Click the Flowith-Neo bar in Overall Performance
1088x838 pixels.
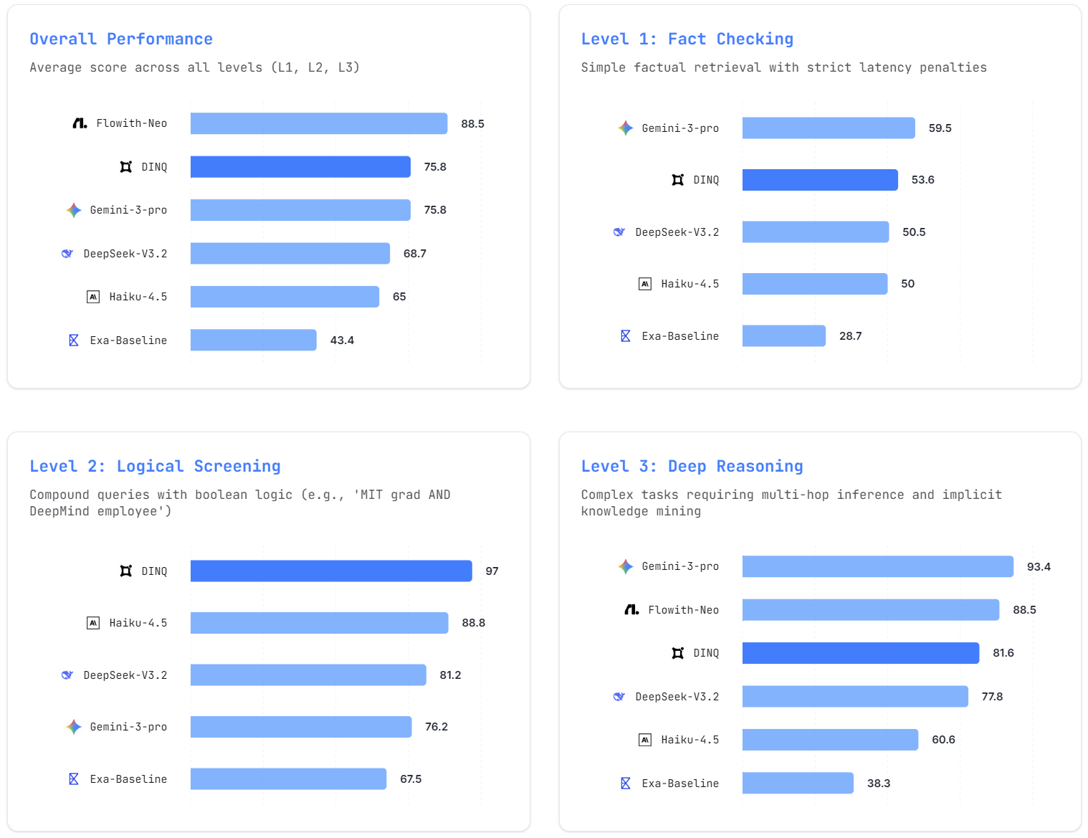pos(319,123)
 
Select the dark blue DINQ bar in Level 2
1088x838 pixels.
pos(331,571)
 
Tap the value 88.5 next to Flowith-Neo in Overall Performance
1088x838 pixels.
pos(472,124)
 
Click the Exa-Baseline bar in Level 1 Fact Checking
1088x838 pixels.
pos(783,335)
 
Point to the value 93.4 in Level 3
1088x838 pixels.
pos(1038,566)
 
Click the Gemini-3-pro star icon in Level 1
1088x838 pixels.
pos(626,128)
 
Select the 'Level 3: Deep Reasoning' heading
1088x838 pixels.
pos(692,466)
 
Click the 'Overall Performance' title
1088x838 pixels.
pos(121,39)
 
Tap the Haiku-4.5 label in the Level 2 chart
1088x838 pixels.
pos(138,623)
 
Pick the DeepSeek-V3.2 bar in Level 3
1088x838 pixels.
pos(854,696)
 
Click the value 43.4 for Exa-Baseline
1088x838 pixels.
pos(342,341)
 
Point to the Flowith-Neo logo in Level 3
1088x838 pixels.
pos(631,609)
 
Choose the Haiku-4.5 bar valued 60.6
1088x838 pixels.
pos(830,739)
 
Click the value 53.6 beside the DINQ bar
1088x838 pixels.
pos(922,180)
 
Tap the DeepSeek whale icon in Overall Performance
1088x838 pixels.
pos(67,253)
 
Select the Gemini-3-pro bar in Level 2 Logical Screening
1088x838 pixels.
pos(301,726)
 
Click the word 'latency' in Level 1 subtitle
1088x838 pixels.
pos(885,67)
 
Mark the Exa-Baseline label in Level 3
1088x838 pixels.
pos(680,784)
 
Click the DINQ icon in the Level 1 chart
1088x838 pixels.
pos(677,180)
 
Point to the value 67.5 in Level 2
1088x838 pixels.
pos(411,779)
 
